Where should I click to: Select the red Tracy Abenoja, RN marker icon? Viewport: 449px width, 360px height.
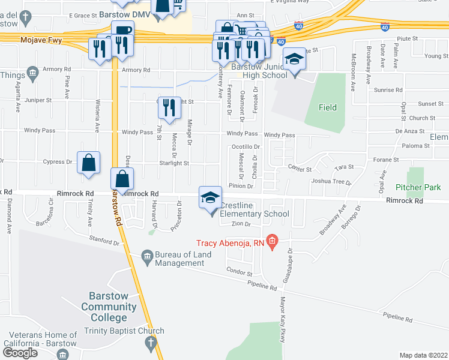coord(273,242)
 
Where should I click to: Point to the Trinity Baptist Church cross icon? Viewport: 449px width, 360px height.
coord(151,343)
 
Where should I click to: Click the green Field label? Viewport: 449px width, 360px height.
coord(328,108)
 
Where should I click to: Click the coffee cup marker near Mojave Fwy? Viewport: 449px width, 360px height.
coord(122,32)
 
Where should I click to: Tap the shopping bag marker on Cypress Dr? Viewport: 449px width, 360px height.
coord(88,163)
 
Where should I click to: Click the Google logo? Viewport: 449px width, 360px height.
coord(20,352)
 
